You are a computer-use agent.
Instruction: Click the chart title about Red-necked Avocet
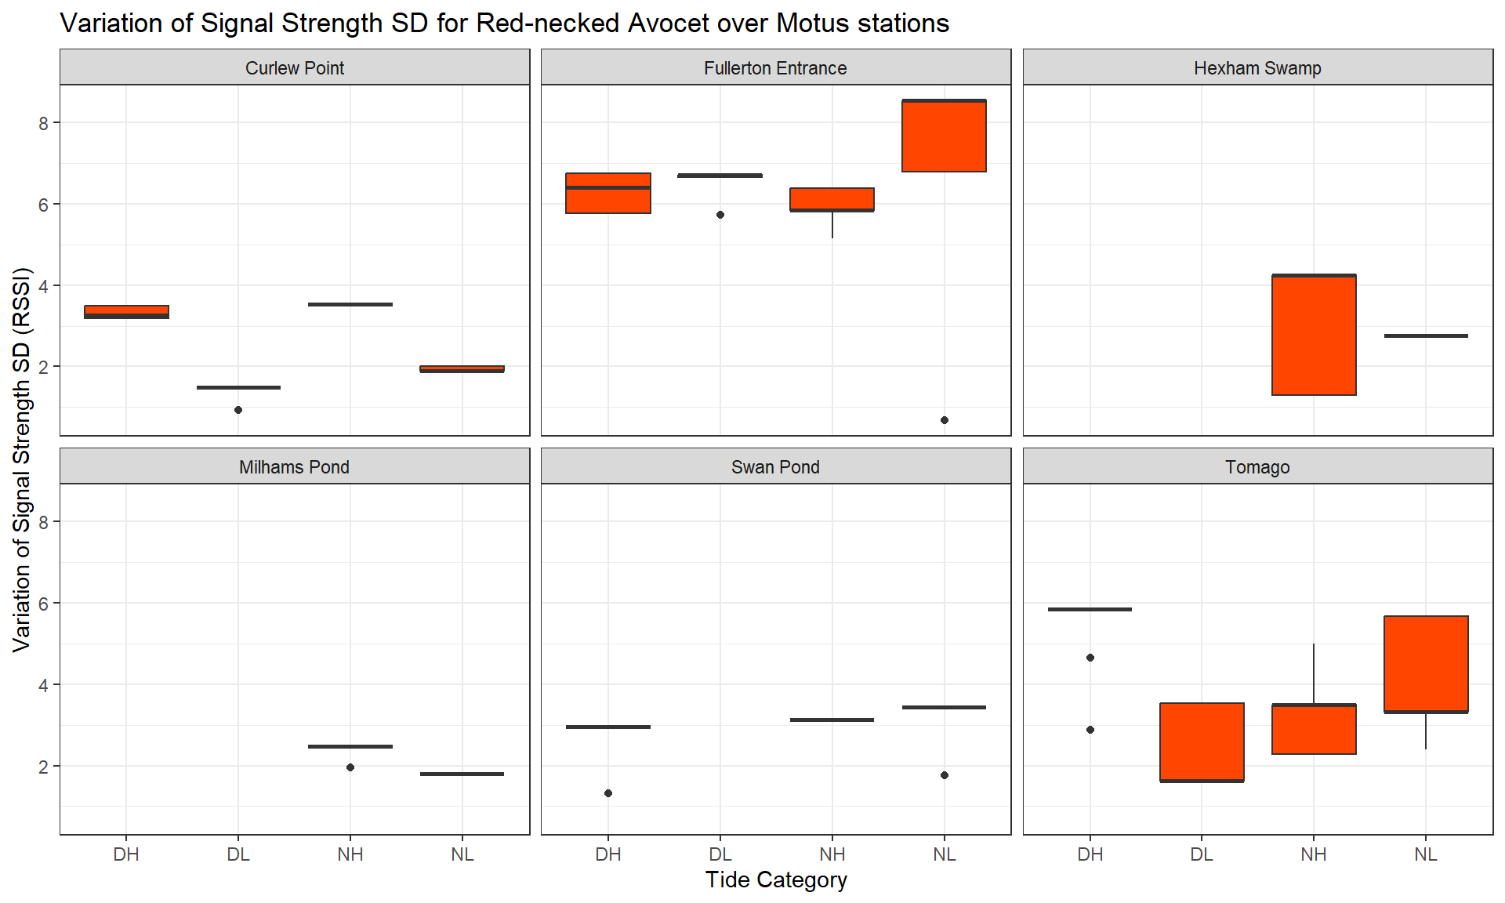tap(504, 24)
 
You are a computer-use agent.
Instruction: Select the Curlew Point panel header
tap(295, 68)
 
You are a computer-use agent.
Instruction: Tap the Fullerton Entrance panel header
tap(775, 68)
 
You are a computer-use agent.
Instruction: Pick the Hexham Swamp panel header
tap(1257, 68)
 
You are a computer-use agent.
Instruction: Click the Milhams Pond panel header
tap(295, 467)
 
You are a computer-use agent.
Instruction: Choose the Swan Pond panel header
tap(775, 467)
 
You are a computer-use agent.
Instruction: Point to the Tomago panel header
tap(1257, 467)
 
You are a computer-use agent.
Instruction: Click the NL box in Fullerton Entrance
tap(944, 136)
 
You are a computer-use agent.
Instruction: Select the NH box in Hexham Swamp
tap(1314, 335)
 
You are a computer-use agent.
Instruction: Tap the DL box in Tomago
tap(1202, 742)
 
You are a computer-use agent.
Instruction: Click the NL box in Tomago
tap(1426, 664)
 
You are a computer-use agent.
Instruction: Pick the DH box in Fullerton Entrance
tap(608, 194)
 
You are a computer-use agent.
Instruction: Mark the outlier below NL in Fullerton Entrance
tap(945, 420)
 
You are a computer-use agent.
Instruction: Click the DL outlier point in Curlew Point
tap(238, 410)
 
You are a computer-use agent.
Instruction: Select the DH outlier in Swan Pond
tap(608, 793)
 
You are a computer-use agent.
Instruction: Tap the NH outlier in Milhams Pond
tap(350, 767)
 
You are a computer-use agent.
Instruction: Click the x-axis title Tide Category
tap(776, 880)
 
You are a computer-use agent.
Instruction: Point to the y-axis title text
tap(22, 459)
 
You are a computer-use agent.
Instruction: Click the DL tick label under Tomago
tap(1202, 854)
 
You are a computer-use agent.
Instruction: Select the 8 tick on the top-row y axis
tap(44, 123)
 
